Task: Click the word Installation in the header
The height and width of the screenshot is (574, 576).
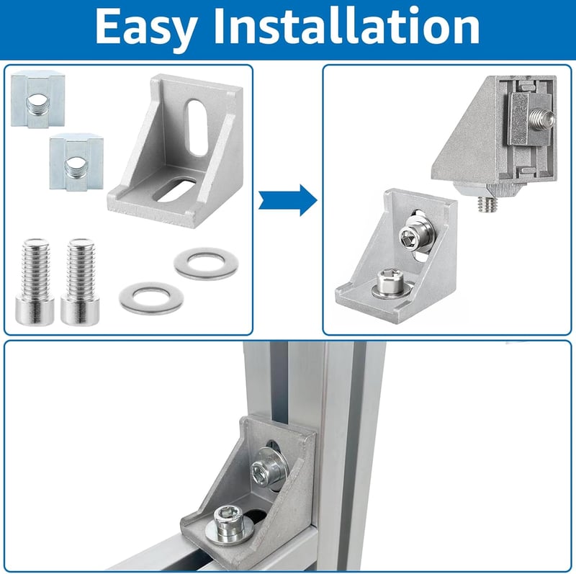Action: pos(347,26)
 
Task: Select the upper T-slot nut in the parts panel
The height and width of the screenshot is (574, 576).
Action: pos(38,99)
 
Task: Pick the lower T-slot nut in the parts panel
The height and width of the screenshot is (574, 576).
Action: pos(76,163)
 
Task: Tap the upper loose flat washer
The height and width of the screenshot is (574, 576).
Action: pos(206,264)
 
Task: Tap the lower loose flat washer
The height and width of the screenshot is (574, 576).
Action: pos(151,298)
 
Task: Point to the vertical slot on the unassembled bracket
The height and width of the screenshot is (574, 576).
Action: pos(197,127)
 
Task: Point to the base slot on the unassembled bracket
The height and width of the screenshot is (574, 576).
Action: pos(174,189)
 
